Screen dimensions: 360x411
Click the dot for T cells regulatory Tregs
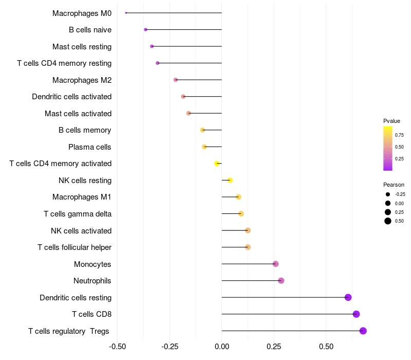point(363,331)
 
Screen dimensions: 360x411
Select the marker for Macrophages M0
point(126,13)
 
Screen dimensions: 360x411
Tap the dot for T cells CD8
point(356,314)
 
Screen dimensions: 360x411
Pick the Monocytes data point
point(275,264)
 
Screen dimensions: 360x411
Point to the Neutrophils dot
point(281,281)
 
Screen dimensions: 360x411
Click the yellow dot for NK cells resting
point(230,180)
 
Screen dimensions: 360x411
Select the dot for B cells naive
point(145,30)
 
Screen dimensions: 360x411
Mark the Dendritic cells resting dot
point(348,297)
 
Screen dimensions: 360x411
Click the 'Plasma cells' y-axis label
point(90,147)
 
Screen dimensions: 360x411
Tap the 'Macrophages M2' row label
point(82,80)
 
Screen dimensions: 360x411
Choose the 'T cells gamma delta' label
point(78,214)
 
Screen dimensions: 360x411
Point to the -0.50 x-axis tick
point(118,347)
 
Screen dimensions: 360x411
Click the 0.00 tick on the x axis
point(221,347)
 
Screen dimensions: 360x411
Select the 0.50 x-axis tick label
point(326,347)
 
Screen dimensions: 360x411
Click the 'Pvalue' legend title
point(391,121)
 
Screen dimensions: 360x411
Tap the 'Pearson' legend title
point(394,185)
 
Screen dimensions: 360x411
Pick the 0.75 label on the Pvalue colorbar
point(399,135)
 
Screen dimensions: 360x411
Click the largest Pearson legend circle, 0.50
point(387,221)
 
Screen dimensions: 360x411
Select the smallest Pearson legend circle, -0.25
point(387,194)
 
